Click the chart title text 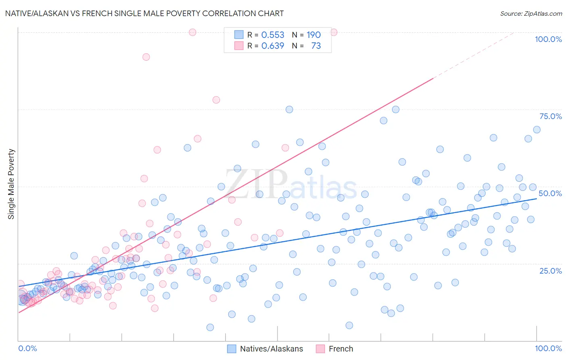(144, 13)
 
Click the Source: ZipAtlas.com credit (531, 13)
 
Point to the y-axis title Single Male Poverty (11, 184)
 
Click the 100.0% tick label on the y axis (548, 39)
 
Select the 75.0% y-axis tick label (550, 116)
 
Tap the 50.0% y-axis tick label (550, 193)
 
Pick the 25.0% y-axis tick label (550, 270)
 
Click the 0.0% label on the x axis (27, 348)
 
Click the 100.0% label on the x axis (548, 348)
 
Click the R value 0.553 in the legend (273, 35)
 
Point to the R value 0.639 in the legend (273, 46)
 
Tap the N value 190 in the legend (313, 35)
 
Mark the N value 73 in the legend (316, 46)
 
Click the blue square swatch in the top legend (239, 35)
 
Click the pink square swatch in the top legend (239, 46)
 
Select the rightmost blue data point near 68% (537, 130)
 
